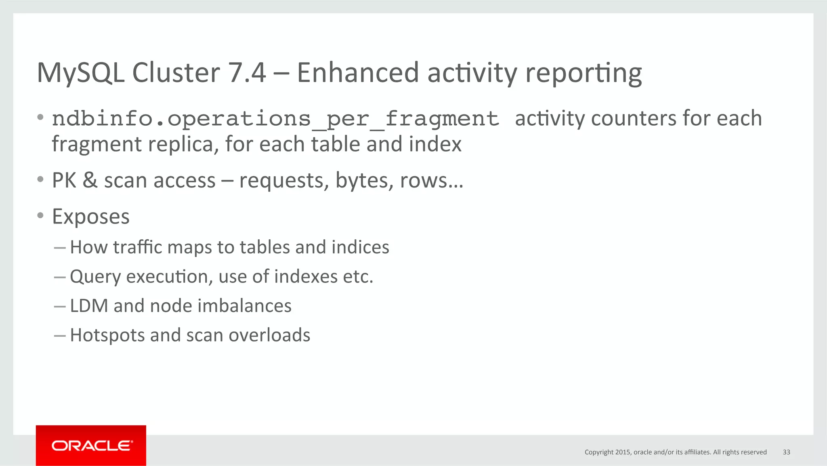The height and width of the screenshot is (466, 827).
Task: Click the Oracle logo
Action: point(91,445)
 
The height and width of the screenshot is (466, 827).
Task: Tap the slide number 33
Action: point(786,452)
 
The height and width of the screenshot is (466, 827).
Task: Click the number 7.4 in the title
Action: point(247,73)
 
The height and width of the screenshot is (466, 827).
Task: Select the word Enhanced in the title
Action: point(358,73)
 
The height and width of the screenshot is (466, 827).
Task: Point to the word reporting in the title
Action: point(584,74)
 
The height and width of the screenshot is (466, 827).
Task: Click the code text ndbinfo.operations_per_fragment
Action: point(275,119)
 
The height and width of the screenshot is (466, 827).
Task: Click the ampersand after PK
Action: point(90,180)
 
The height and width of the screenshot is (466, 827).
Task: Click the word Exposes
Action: point(91,217)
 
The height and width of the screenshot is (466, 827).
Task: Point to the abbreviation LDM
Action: point(89,306)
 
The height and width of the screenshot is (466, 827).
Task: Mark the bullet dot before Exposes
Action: point(40,216)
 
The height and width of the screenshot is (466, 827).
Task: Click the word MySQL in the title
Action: point(81,73)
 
